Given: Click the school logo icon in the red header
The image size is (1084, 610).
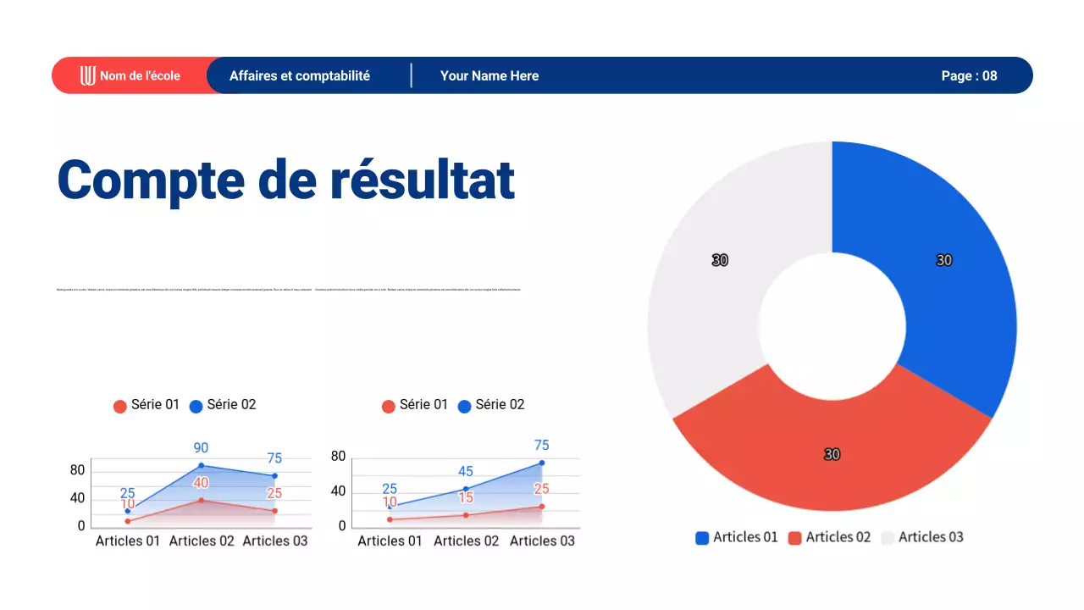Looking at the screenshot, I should (x=87, y=75).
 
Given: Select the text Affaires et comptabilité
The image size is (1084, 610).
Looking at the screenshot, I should (x=299, y=75).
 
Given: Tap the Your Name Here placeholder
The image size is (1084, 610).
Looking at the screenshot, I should (x=489, y=75).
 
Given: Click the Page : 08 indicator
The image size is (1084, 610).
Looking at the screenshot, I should (x=969, y=75).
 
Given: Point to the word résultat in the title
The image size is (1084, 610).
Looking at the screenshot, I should (x=422, y=180).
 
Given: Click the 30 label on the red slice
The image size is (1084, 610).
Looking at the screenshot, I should (x=832, y=455).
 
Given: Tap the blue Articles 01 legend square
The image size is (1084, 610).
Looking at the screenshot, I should (x=701, y=538).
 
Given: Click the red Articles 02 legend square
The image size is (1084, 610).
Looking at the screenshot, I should (x=794, y=538).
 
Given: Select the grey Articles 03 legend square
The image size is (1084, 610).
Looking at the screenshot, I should (x=888, y=538).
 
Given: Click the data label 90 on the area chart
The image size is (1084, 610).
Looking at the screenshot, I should (x=201, y=447).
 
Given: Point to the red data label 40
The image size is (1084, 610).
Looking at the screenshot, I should (x=201, y=483).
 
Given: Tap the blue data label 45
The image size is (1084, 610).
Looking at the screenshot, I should (x=465, y=471).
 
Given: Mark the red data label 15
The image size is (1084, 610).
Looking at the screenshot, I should (x=465, y=497).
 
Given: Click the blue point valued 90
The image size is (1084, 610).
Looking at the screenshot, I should (x=201, y=465).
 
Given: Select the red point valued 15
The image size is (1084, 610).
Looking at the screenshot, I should (x=465, y=515).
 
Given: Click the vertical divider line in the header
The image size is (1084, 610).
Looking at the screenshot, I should (x=412, y=75).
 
